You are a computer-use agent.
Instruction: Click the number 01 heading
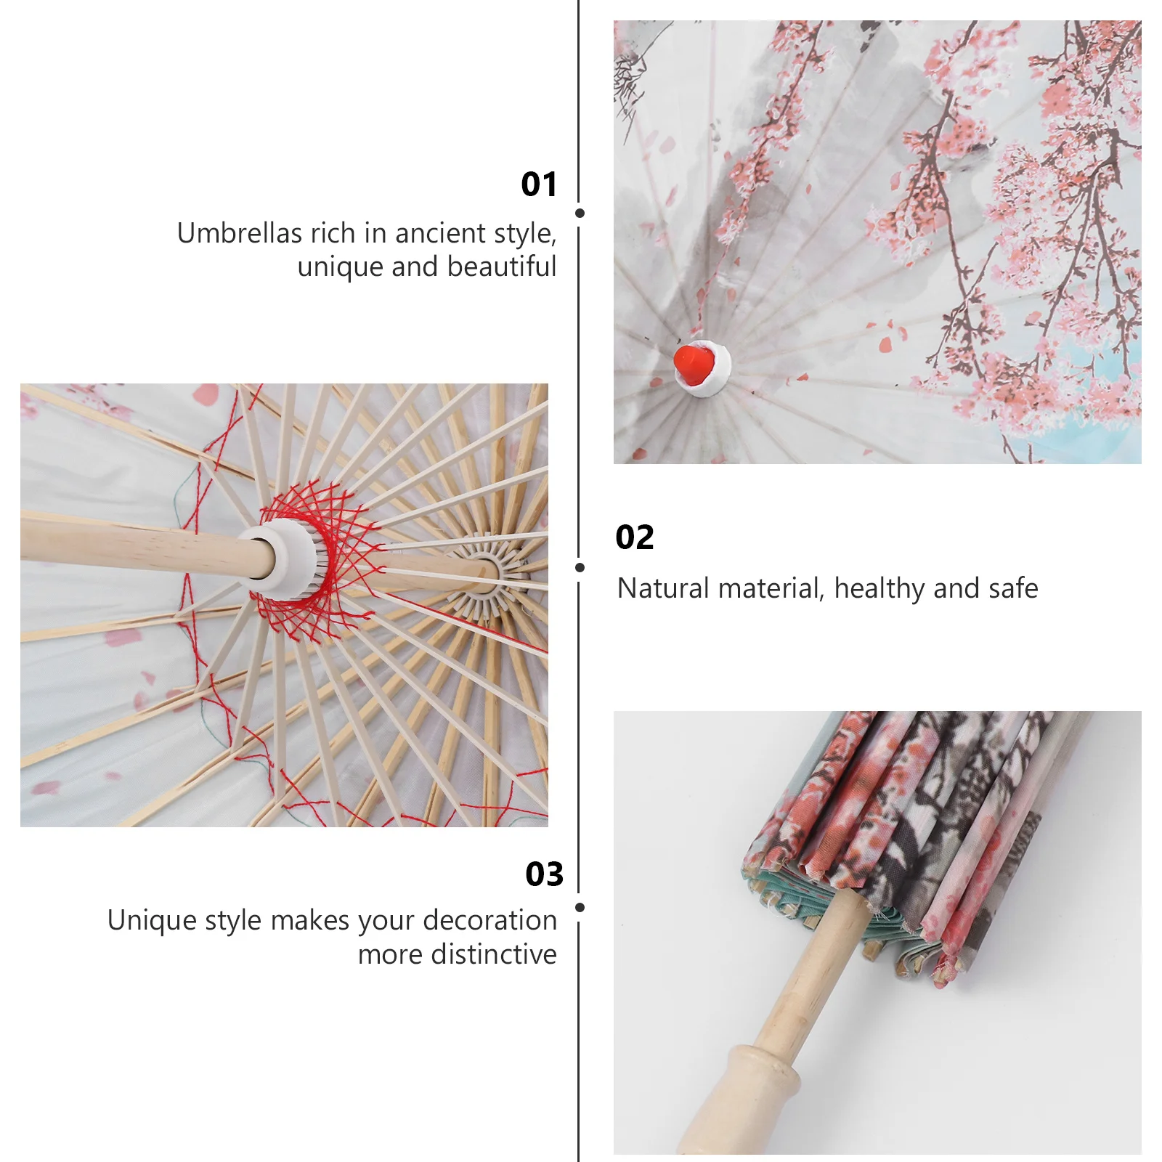click(x=539, y=184)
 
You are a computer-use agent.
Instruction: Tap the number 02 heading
click(x=634, y=537)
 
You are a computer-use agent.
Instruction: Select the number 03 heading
click(x=544, y=874)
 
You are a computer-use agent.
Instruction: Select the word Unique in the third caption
click(x=151, y=920)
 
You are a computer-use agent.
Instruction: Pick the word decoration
click(x=490, y=920)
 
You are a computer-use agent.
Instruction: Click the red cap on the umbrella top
click(x=694, y=365)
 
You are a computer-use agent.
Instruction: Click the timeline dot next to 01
click(x=580, y=214)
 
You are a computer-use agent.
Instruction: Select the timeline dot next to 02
click(x=580, y=567)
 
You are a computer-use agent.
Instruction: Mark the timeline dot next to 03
click(x=580, y=907)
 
